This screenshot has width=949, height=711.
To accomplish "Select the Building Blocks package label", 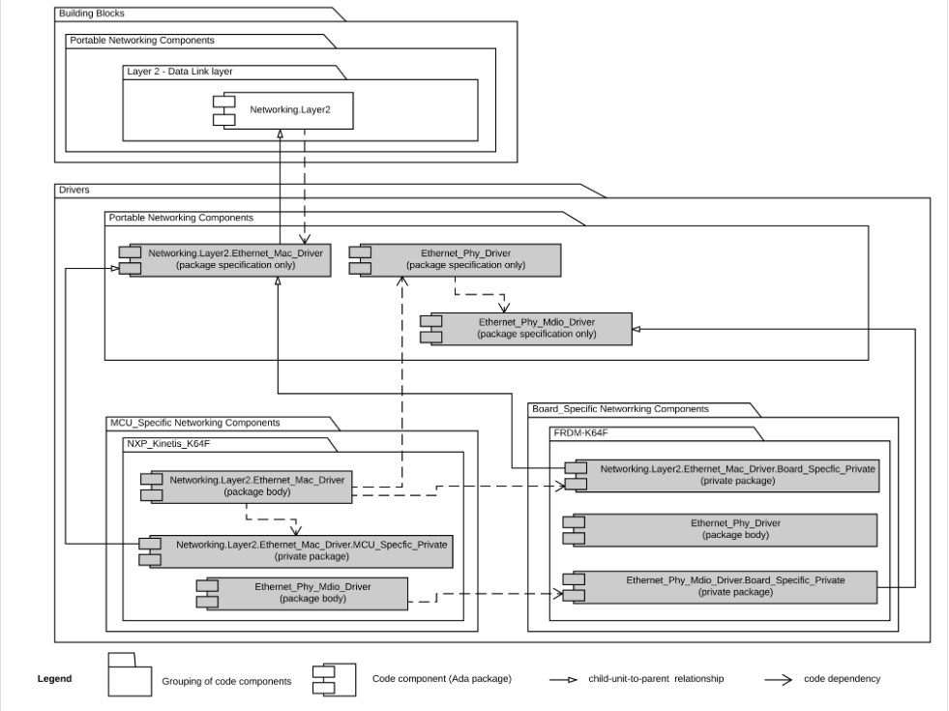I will pos(92,14).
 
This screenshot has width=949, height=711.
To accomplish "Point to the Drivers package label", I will pos(74,190).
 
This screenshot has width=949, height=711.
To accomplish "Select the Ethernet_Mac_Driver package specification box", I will pos(235,259).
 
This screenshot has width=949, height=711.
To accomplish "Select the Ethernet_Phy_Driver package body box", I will pos(734,529).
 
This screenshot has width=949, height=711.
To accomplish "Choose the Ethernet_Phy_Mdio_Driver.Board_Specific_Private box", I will pos(734,586).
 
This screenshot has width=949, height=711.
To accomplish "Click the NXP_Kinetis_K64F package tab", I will pos(167,444).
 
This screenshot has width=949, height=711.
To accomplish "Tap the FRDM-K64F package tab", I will pos(579,431).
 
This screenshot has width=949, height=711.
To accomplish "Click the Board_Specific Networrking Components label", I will pos(620,408).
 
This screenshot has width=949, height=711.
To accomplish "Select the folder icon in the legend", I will pos(130,676).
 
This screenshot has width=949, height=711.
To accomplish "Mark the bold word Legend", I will pos(54,679).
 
